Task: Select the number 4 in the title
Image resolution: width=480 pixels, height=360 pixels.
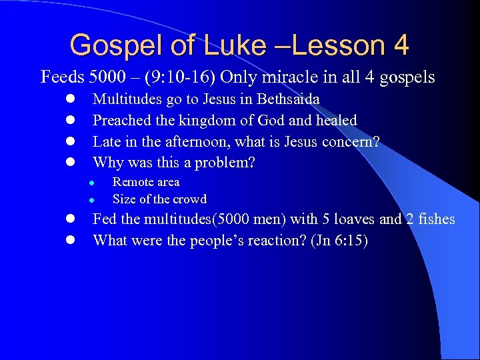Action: [401, 45]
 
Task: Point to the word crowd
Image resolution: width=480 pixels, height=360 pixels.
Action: [190, 199]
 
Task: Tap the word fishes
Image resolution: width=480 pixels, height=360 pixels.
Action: [437, 219]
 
